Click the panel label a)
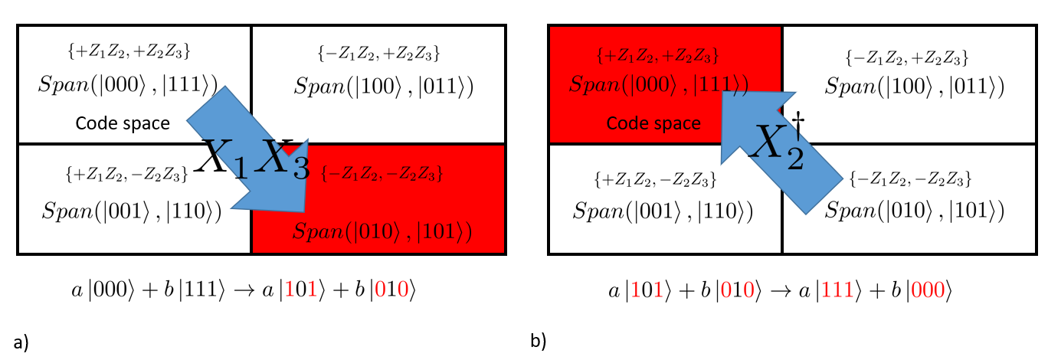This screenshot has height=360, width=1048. pos(21,342)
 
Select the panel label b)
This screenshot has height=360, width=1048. pos(539,341)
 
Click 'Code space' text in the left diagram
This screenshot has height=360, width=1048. pos(123,123)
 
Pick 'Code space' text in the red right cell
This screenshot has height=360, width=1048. pos(653,123)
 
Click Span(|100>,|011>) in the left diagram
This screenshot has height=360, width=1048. pos(384,87)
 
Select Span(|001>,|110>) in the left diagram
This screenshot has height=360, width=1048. pos(132,211)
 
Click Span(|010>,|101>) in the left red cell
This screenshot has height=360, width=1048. pos(382,231)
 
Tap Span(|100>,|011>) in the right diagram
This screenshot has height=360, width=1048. pos(915,87)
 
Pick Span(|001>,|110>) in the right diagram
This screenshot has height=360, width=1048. pos(663,211)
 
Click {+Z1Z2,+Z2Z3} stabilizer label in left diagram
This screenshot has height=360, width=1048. pos(129,51)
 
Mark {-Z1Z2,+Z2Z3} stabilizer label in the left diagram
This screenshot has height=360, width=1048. pos(379,54)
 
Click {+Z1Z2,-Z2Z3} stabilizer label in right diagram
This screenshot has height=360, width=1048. pos(656,179)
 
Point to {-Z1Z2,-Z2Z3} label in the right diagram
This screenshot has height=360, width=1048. pos(910,178)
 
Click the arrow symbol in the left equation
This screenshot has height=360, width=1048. pos(244,290)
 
